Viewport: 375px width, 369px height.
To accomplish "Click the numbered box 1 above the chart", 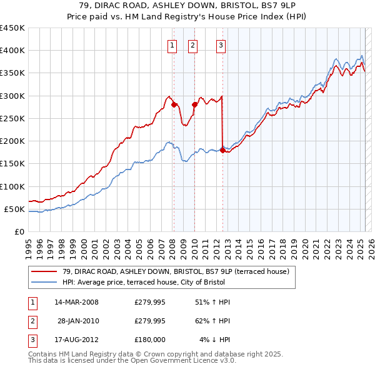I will coord(172,44).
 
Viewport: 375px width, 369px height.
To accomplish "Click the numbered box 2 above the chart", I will coord(192,44).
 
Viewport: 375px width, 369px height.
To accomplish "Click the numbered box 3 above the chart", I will coord(221,44).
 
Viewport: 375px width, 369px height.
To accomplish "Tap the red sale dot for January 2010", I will coord(194,105).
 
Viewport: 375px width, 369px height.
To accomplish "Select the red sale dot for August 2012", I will coord(222,150).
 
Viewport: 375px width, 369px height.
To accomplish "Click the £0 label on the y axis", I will coord(18,232).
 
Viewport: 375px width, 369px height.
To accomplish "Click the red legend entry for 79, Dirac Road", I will coord(176,272).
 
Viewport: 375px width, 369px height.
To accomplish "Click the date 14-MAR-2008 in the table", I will coord(76,303).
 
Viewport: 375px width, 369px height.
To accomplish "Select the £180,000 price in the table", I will coord(150,339).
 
